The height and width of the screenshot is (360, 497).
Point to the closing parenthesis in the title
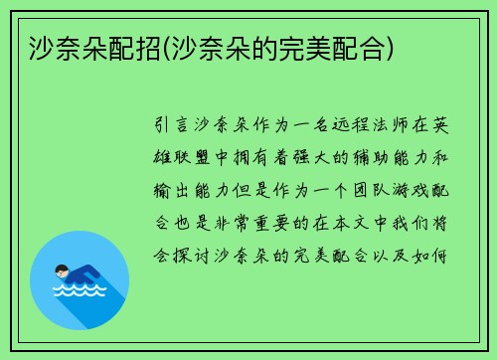point(394,47)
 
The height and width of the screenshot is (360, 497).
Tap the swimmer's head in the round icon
point(62,269)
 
